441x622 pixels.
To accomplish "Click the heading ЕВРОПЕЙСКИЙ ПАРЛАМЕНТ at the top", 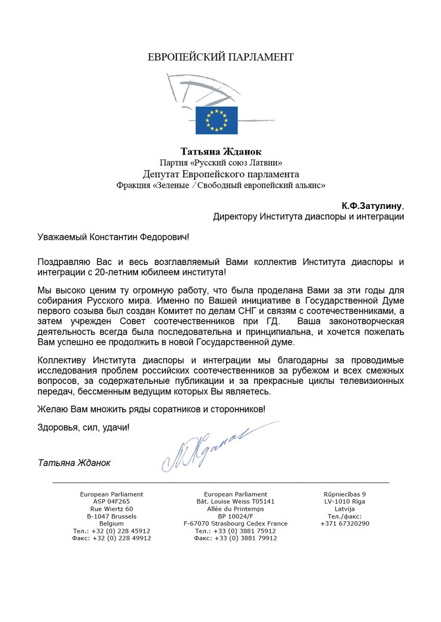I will pos(220,57).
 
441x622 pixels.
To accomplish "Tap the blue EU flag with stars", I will pos(217,120).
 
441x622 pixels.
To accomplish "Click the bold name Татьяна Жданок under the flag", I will pos(221,152).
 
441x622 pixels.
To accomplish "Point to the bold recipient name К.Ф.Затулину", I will pos(372,206).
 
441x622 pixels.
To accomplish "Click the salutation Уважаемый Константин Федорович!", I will pos(113,237).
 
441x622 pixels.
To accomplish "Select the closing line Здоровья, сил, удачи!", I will pos(83,427).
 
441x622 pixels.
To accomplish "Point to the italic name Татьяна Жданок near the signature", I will pos(74,463).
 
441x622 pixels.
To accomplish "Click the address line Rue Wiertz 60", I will pos(112,509).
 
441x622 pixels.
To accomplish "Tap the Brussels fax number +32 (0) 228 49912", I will pos(121,538).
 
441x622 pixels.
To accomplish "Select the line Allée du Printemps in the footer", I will pos(235,509).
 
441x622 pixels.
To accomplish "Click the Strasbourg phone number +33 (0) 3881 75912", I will pos(245,531).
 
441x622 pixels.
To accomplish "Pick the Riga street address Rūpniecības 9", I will pos(344,494).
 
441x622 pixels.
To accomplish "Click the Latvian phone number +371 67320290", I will pos(344,523).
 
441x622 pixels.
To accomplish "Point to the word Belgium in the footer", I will pos(112,523).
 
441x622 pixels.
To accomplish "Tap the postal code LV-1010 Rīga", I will pos(344,501).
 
